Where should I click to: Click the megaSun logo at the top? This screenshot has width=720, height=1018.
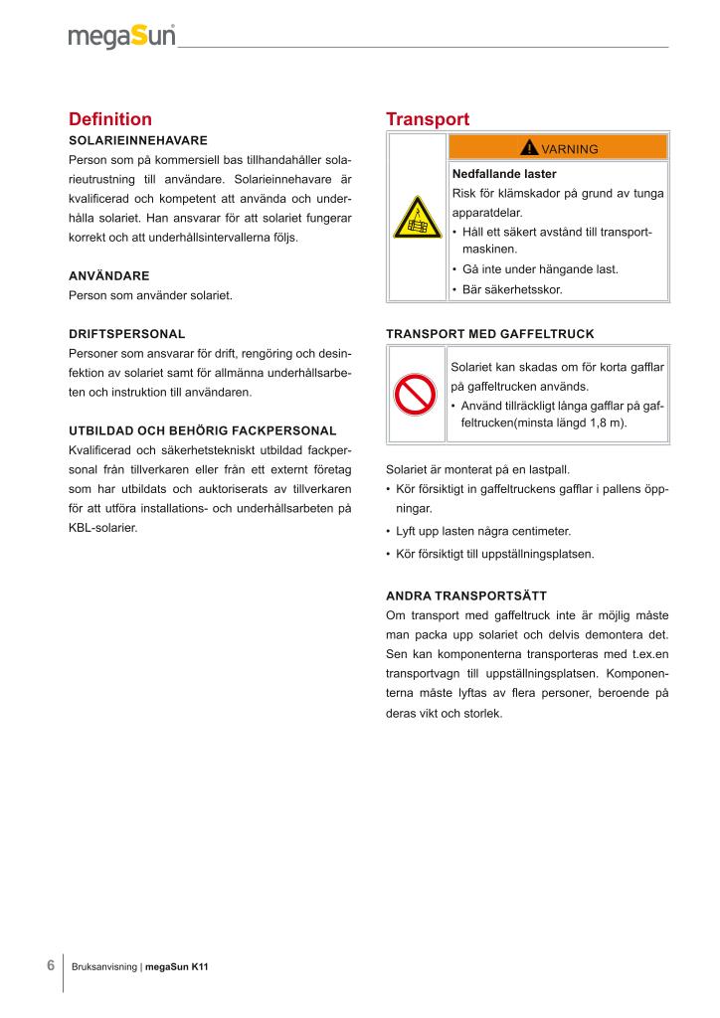(x=121, y=37)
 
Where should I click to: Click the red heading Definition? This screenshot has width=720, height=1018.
(x=110, y=119)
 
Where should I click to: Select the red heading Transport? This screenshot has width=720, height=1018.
(x=428, y=119)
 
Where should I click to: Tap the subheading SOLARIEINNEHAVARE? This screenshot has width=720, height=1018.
(x=137, y=140)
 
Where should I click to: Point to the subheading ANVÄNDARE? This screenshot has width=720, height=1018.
(x=108, y=274)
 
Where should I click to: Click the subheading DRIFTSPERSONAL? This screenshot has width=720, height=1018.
(x=126, y=334)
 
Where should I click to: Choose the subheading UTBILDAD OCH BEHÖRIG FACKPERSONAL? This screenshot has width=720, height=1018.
(x=202, y=430)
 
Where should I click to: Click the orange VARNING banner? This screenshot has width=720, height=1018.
(x=558, y=148)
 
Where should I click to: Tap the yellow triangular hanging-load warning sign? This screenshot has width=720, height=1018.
(x=417, y=218)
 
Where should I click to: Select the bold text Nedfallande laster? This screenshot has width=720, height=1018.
(x=504, y=173)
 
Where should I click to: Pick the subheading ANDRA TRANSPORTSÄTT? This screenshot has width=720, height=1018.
(x=466, y=595)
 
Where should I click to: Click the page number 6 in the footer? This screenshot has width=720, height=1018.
(x=51, y=965)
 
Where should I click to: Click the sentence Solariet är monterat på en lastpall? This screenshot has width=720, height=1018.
(x=484, y=469)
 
